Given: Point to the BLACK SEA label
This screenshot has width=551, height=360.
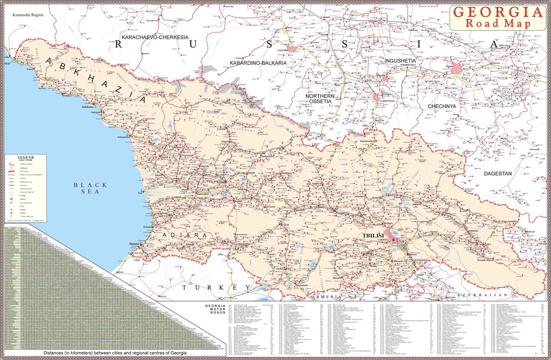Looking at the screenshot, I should coord(90,188).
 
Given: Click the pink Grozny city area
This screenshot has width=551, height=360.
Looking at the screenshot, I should coord(455,69).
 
